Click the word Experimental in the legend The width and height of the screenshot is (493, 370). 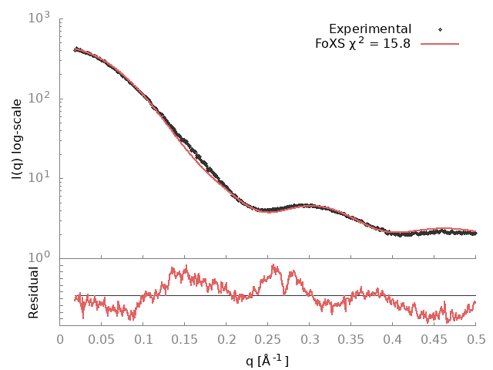(x=370, y=29)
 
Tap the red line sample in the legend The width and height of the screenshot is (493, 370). (x=440, y=44)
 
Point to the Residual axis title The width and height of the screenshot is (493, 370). (x=33, y=292)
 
